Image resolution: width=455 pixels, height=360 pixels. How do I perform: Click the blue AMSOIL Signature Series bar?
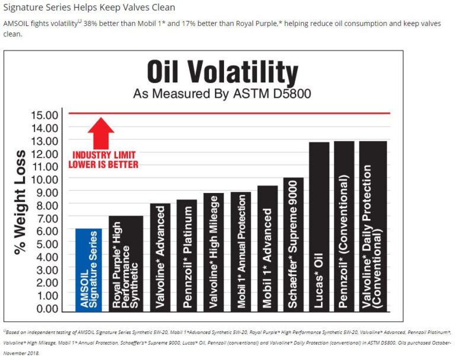(x=88, y=270)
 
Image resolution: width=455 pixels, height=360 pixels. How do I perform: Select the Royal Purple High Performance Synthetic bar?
(x=125, y=264)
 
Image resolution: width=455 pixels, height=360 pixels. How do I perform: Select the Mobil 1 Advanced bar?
(x=267, y=249)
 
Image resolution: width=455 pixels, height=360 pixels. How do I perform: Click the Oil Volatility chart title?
(x=222, y=72)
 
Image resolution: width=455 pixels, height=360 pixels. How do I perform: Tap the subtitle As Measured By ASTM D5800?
(x=222, y=94)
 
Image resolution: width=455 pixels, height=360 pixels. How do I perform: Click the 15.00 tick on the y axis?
(x=44, y=114)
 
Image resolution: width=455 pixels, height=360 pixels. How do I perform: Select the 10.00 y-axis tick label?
(x=44, y=179)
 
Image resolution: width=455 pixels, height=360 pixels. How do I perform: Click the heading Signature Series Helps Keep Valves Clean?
(x=89, y=7)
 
